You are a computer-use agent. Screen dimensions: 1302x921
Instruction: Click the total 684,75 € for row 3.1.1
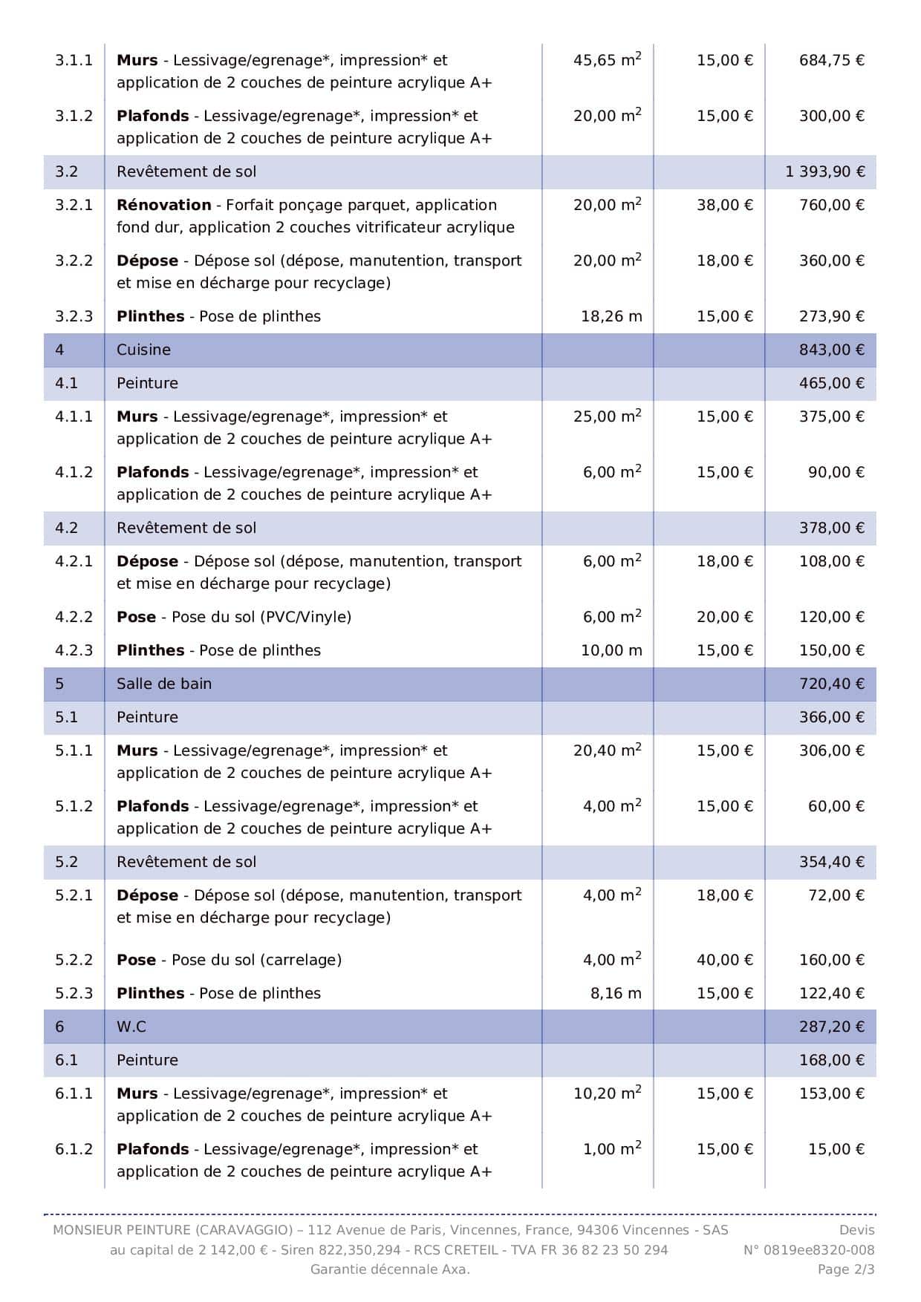(831, 60)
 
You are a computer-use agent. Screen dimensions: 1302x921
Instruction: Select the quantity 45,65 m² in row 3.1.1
(607, 60)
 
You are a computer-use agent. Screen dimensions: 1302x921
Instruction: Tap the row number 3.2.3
(74, 316)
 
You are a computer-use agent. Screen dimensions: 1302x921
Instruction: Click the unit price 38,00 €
(724, 205)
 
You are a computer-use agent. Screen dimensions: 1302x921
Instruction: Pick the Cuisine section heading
(143, 350)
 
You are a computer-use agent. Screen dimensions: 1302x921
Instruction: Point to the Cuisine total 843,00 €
(831, 350)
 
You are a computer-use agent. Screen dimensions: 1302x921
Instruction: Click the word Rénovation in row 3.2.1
(163, 205)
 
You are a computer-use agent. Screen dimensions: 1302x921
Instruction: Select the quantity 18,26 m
(611, 316)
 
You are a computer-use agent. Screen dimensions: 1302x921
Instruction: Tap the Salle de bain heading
(163, 684)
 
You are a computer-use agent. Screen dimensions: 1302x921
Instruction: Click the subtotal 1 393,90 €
(824, 171)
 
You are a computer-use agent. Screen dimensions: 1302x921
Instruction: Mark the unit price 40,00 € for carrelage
(724, 960)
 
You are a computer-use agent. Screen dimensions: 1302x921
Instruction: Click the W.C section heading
(131, 1027)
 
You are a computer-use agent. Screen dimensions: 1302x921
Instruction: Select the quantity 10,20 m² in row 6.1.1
(607, 1093)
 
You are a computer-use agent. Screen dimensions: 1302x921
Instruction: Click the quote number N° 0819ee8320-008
(809, 1250)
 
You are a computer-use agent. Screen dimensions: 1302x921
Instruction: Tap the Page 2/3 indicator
(846, 1269)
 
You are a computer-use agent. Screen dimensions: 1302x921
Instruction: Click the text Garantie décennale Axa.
(390, 1269)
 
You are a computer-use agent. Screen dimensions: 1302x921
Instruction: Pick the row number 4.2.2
(74, 617)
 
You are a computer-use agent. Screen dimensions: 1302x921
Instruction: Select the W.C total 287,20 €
(831, 1027)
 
